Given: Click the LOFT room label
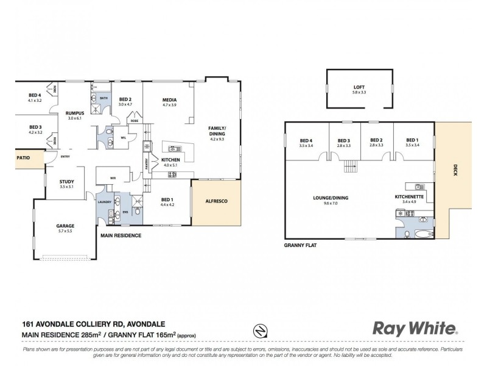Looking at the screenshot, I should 358,86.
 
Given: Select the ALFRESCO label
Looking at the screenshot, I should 216,201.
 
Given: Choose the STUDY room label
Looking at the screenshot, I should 66,181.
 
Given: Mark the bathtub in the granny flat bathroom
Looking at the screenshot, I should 424,234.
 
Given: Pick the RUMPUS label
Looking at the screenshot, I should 75,113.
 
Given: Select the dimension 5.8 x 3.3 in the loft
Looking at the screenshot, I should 358,92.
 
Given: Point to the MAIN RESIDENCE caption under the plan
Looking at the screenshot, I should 121,235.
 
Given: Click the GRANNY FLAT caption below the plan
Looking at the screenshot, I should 301,245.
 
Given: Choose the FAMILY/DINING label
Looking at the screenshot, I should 217,131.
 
